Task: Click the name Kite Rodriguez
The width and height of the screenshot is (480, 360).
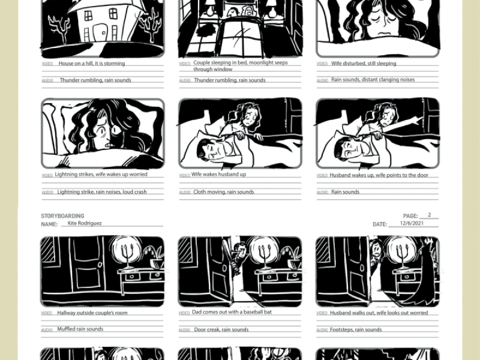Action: click(x=85, y=223)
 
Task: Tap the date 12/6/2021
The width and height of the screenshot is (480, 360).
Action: click(x=412, y=223)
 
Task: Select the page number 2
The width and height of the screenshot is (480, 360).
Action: click(x=429, y=215)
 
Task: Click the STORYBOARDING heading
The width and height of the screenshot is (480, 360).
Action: click(x=62, y=216)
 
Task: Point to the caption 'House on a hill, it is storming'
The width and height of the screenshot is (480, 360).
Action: click(x=92, y=64)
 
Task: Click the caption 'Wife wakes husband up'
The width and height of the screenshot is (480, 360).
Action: click(x=218, y=174)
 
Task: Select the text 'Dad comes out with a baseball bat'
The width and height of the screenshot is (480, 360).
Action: click(x=232, y=312)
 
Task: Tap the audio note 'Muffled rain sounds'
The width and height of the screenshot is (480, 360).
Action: click(x=80, y=329)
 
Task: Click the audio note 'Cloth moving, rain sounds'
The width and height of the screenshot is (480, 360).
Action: click(x=223, y=192)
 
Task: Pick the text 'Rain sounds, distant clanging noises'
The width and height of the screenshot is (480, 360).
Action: click(x=373, y=80)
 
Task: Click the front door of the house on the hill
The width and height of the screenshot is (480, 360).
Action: click(x=99, y=33)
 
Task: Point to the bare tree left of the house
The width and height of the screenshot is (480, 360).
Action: click(x=59, y=28)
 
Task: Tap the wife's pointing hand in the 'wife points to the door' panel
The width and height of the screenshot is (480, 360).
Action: click(x=419, y=119)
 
